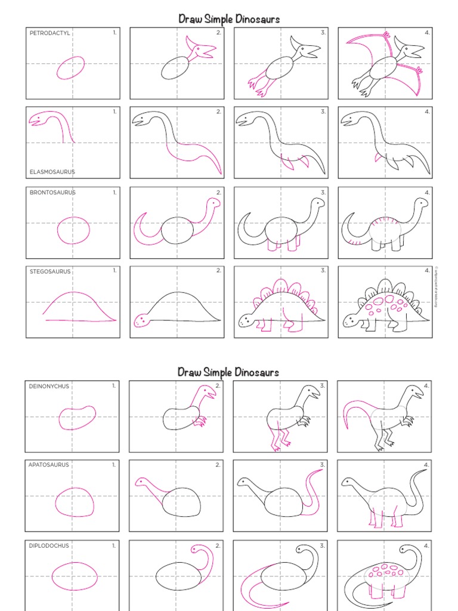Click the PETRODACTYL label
point(50,33)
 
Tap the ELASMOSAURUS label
point(52,172)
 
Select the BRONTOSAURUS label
point(52,193)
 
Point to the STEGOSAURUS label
point(50,271)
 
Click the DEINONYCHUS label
point(49,386)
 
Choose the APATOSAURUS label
point(49,464)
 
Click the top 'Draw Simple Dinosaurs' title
point(229,19)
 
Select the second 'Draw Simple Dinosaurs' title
point(228,372)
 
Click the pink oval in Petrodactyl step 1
point(70,67)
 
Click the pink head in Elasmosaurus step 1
point(37,119)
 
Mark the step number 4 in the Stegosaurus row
point(427,270)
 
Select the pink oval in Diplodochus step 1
point(74,577)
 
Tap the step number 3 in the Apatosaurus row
point(323,464)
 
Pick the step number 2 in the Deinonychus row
point(218,386)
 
